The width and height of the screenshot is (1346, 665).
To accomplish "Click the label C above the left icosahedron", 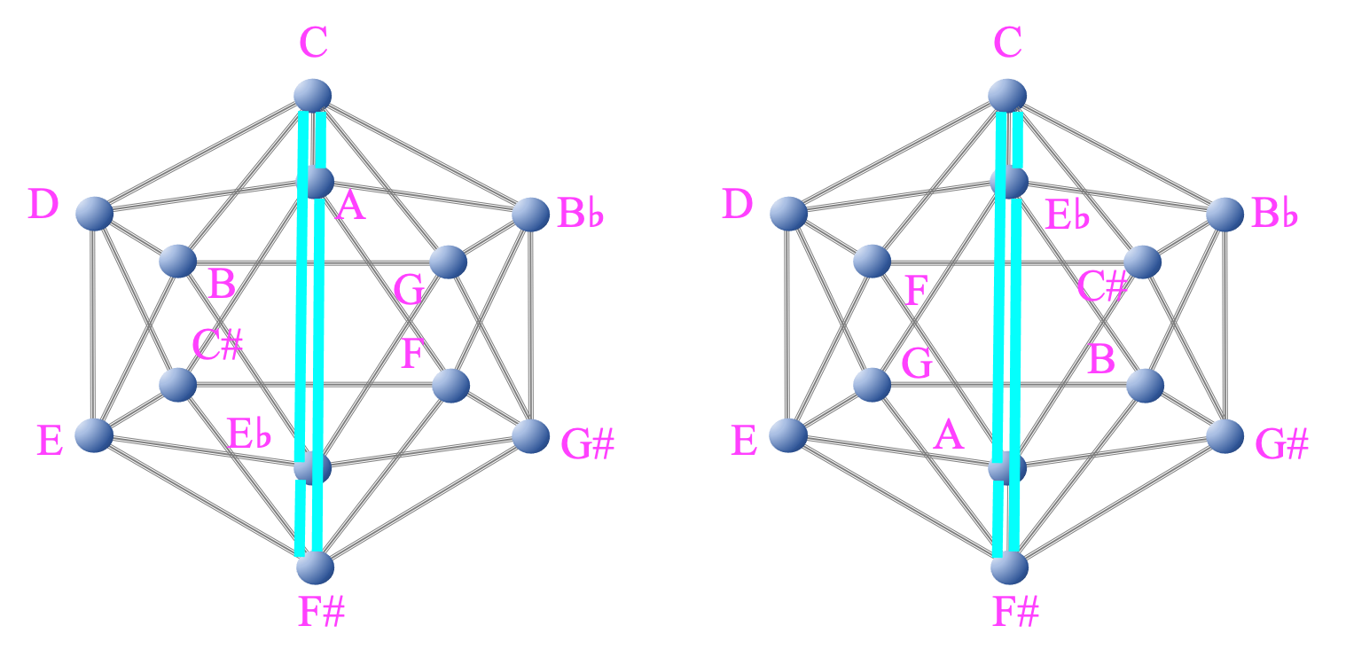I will point(314,43).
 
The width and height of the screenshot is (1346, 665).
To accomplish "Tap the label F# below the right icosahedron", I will point(1015,612).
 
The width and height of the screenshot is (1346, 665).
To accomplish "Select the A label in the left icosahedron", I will point(351,207).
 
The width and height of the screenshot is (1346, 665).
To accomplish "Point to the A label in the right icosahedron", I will point(949,435).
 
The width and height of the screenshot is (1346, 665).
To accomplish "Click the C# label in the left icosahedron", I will point(217,345).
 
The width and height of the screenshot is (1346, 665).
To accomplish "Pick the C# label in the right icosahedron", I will point(1102,286).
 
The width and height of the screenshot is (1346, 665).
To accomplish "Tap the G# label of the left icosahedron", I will point(588,444).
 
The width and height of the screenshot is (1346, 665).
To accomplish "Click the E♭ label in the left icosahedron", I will point(249,434).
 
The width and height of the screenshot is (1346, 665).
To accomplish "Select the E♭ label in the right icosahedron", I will point(1068,215).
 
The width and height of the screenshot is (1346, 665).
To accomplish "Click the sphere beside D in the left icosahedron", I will point(94,214).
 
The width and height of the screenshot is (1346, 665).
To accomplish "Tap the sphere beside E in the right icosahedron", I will point(787,435).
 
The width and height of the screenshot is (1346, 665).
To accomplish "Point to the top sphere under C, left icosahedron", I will point(313,95).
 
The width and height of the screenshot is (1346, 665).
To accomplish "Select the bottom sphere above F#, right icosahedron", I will point(1008,567).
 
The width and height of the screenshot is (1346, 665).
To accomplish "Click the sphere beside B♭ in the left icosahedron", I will point(530,214).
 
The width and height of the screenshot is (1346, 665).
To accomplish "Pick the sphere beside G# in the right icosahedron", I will point(1225,435).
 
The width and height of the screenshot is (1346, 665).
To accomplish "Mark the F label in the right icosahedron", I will point(917,291).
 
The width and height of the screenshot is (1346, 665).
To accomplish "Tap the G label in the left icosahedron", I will point(409,290).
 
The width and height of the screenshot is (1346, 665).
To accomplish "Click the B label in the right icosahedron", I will point(1101,359).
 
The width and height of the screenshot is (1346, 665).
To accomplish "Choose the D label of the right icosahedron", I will point(737,204).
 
